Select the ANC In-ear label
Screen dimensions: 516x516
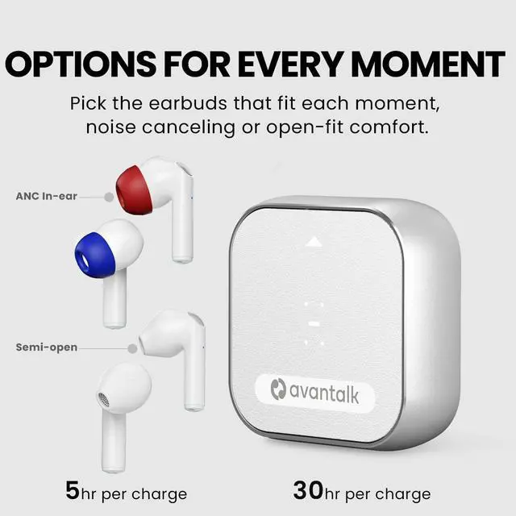(x=47, y=196)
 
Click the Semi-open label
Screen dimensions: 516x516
(x=47, y=347)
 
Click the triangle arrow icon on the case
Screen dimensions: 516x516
(x=314, y=241)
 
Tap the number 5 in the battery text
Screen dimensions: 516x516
(x=73, y=489)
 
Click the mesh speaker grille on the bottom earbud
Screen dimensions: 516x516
(x=102, y=397)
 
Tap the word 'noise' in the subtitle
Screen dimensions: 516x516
(x=113, y=128)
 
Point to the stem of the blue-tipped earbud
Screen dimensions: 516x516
(x=114, y=302)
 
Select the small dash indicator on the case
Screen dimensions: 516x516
(x=314, y=322)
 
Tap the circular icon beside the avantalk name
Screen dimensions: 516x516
(x=279, y=391)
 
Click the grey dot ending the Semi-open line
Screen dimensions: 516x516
(x=132, y=348)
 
